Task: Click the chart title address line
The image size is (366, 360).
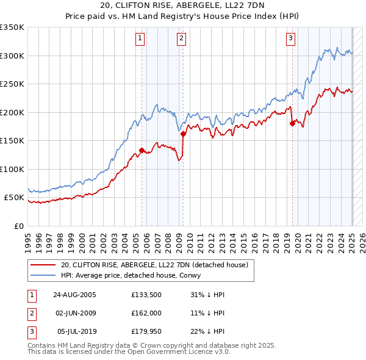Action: tap(183, 7)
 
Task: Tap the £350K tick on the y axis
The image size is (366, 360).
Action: tap(12, 27)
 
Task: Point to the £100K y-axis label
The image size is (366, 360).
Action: tap(12, 169)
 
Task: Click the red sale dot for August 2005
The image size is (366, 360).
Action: tap(142, 150)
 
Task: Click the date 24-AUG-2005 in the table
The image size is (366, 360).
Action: tap(75, 294)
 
